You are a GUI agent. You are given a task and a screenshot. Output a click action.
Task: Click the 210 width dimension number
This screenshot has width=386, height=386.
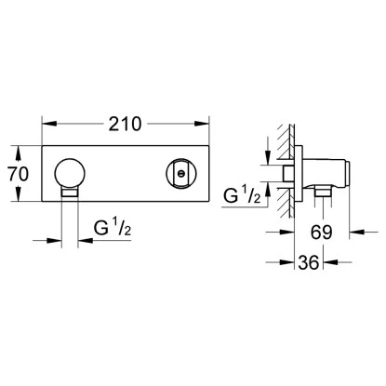coord(125,124)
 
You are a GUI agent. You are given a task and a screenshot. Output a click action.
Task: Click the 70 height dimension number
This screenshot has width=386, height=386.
coord(19,174)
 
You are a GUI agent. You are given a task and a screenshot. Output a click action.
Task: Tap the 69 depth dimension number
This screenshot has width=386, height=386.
coord(322,232)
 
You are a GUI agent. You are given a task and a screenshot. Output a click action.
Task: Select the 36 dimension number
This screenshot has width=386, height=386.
coord(309,262)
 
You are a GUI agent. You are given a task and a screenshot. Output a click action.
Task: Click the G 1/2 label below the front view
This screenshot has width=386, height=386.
coord(113,228)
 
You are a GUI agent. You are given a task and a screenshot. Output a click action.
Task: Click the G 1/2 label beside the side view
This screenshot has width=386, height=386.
coord(243,195)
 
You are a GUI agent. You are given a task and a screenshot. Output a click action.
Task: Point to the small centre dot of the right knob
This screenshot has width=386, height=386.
coord(180,174)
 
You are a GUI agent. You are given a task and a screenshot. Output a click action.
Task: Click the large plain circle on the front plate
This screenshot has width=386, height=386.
coord(70,174)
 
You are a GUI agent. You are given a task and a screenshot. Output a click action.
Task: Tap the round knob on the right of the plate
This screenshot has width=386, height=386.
coord(180,174)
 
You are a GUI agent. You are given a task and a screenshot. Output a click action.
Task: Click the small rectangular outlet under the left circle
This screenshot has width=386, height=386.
coord(70,193)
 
